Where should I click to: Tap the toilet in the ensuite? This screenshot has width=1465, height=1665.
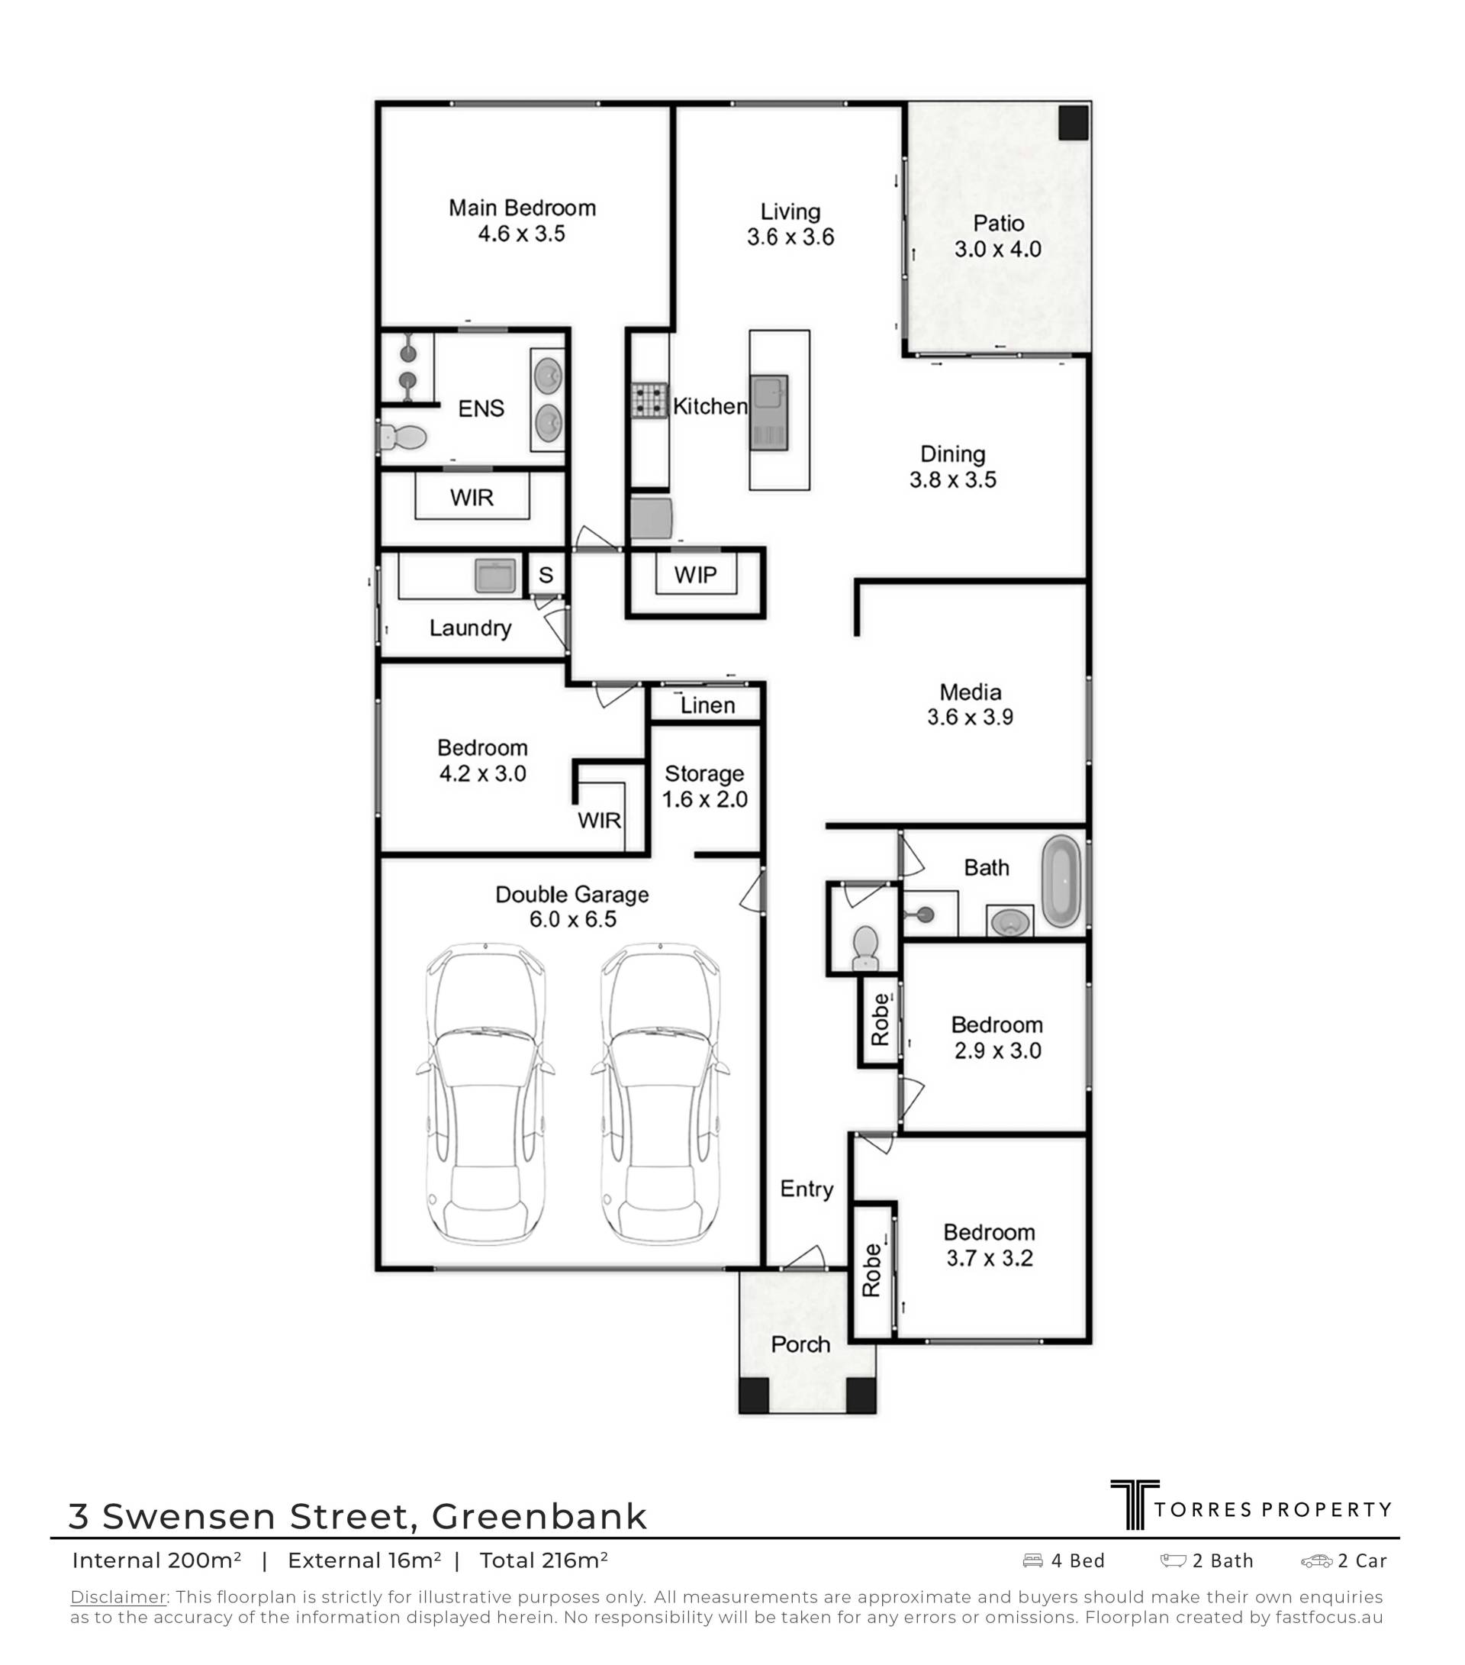[402, 437]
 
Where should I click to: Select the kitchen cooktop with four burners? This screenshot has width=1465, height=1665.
[649, 401]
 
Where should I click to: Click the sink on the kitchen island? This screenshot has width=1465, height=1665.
[768, 412]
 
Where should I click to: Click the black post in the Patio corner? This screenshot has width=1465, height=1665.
[1074, 122]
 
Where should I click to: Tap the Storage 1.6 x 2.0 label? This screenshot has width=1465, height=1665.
[704, 786]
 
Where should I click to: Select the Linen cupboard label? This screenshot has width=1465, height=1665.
[707, 705]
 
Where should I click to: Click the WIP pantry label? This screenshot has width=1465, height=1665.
[695, 575]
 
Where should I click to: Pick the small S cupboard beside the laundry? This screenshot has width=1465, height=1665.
[546, 574]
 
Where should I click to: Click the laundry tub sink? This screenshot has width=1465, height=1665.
[496, 575]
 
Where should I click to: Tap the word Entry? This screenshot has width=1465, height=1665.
[807, 1189]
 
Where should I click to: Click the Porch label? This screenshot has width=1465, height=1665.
[800, 1344]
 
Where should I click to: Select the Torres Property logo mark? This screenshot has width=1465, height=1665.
[1135, 1505]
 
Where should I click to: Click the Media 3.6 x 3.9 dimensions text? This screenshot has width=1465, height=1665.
[970, 717]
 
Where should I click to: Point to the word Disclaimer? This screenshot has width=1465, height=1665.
[119, 1596]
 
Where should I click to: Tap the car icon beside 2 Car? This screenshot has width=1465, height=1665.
[1316, 1560]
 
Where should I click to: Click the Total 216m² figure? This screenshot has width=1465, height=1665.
[544, 1560]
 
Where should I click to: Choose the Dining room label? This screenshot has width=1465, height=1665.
[953, 453]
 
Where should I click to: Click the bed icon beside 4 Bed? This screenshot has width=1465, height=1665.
[1032, 1560]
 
